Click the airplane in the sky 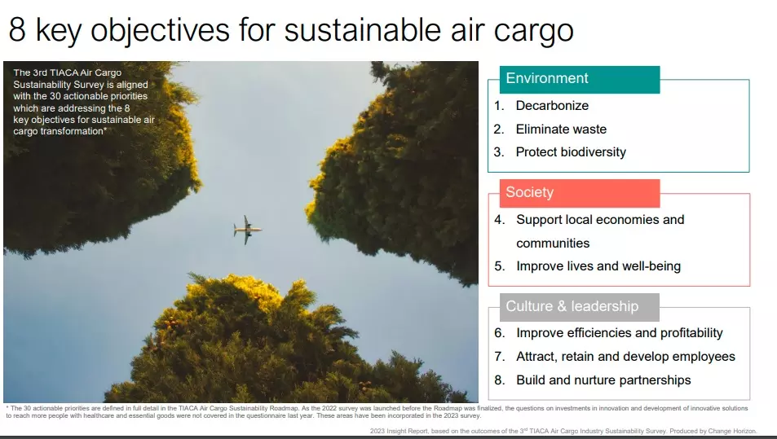coord(247,230)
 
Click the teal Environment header coord(579,79)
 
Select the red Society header coord(579,193)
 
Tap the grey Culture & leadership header coord(579,307)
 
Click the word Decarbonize coord(552,105)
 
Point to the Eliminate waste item coord(561,130)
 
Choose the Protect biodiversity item coord(571,152)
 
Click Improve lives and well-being coord(598,266)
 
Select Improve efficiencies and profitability coord(620,333)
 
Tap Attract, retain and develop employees coord(625,357)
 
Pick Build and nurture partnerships coord(603,380)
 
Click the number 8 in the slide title coord(17,29)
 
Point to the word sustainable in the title coord(362,29)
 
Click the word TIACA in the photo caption coord(64,72)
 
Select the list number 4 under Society coord(500,220)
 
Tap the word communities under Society coord(553,243)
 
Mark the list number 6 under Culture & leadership coord(500,333)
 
